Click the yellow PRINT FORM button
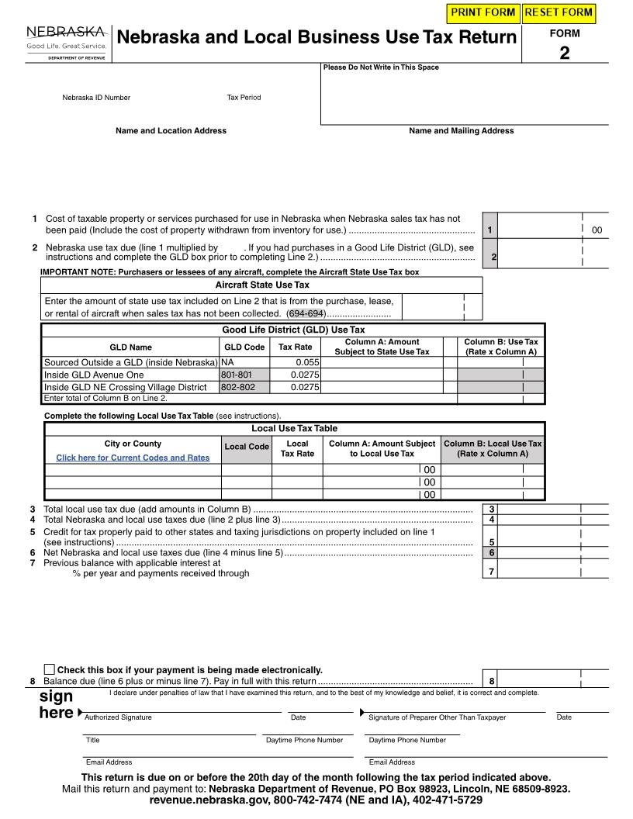coord(483,12)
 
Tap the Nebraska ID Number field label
coord(96,98)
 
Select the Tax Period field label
coord(244,98)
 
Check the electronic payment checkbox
coord(50,669)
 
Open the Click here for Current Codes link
coord(133,458)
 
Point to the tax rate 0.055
coord(307,362)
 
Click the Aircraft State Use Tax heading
coord(262,285)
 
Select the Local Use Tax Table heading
coord(294,428)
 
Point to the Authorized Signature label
coord(118,717)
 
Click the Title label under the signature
coord(92,740)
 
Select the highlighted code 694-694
coord(306,313)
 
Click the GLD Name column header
coord(130,347)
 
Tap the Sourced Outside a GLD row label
coord(130,362)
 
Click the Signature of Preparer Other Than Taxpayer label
coord(437,717)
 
